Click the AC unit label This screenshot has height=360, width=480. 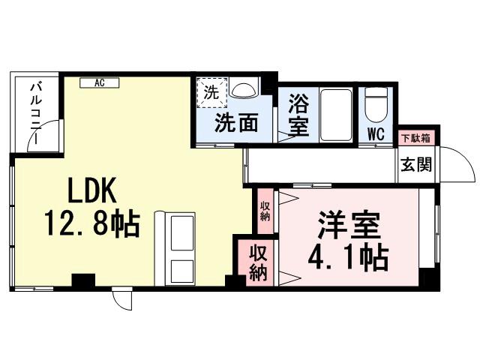[98, 82]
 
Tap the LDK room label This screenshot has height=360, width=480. [91, 193]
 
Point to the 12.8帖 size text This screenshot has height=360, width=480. [91, 223]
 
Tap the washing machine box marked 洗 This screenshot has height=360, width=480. [211, 94]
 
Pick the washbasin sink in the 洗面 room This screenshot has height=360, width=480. [244, 91]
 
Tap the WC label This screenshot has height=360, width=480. [376, 136]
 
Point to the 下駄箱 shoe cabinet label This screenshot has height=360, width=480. [415, 138]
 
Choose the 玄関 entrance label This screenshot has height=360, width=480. [415, 164]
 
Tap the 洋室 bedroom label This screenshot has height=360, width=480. [349, 225]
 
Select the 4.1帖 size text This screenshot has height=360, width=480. [348, 257]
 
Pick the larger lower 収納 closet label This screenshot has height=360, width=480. [257, 262]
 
